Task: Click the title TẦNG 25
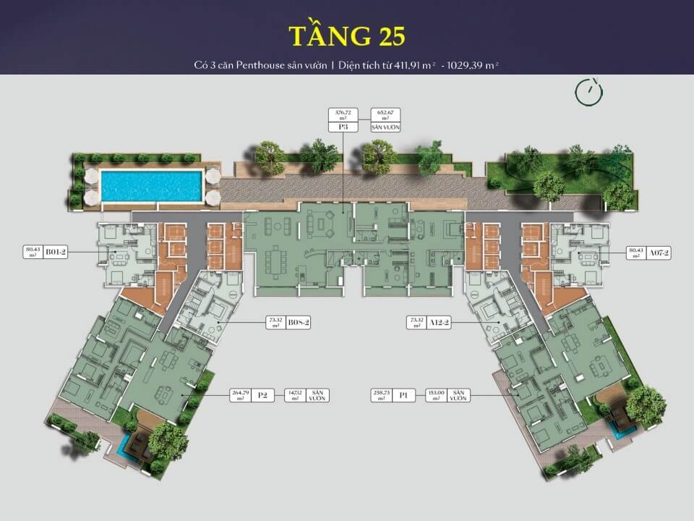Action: coord(346,37)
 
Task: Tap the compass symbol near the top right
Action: coord(589,90)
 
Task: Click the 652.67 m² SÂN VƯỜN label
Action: coord(386,120)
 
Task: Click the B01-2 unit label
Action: coord(55,253)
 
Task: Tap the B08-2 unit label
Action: coord(298,323)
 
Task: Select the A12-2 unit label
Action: coord(438,323)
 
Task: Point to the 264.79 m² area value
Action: coord(238,395)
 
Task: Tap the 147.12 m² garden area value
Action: coord(294,395)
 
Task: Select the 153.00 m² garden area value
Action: coord(436,395)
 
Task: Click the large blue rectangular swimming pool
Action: coord(152,186)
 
